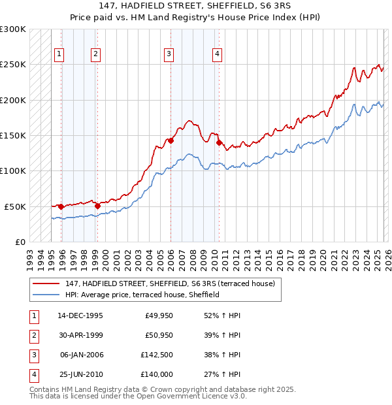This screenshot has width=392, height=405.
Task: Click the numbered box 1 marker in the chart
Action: click(x=59, y=54)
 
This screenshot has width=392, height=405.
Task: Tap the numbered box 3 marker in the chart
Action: click(x=169, y=54)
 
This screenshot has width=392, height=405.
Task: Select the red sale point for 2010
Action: click(x=219, y=142)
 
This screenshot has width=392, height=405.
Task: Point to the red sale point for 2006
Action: click(x=171, y=140)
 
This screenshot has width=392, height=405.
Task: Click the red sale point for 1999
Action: click(x=97, y=206)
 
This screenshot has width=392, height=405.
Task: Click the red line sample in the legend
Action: click(x=46, y=283)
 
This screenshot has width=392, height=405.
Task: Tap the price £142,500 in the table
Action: click(x=155, y=355)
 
